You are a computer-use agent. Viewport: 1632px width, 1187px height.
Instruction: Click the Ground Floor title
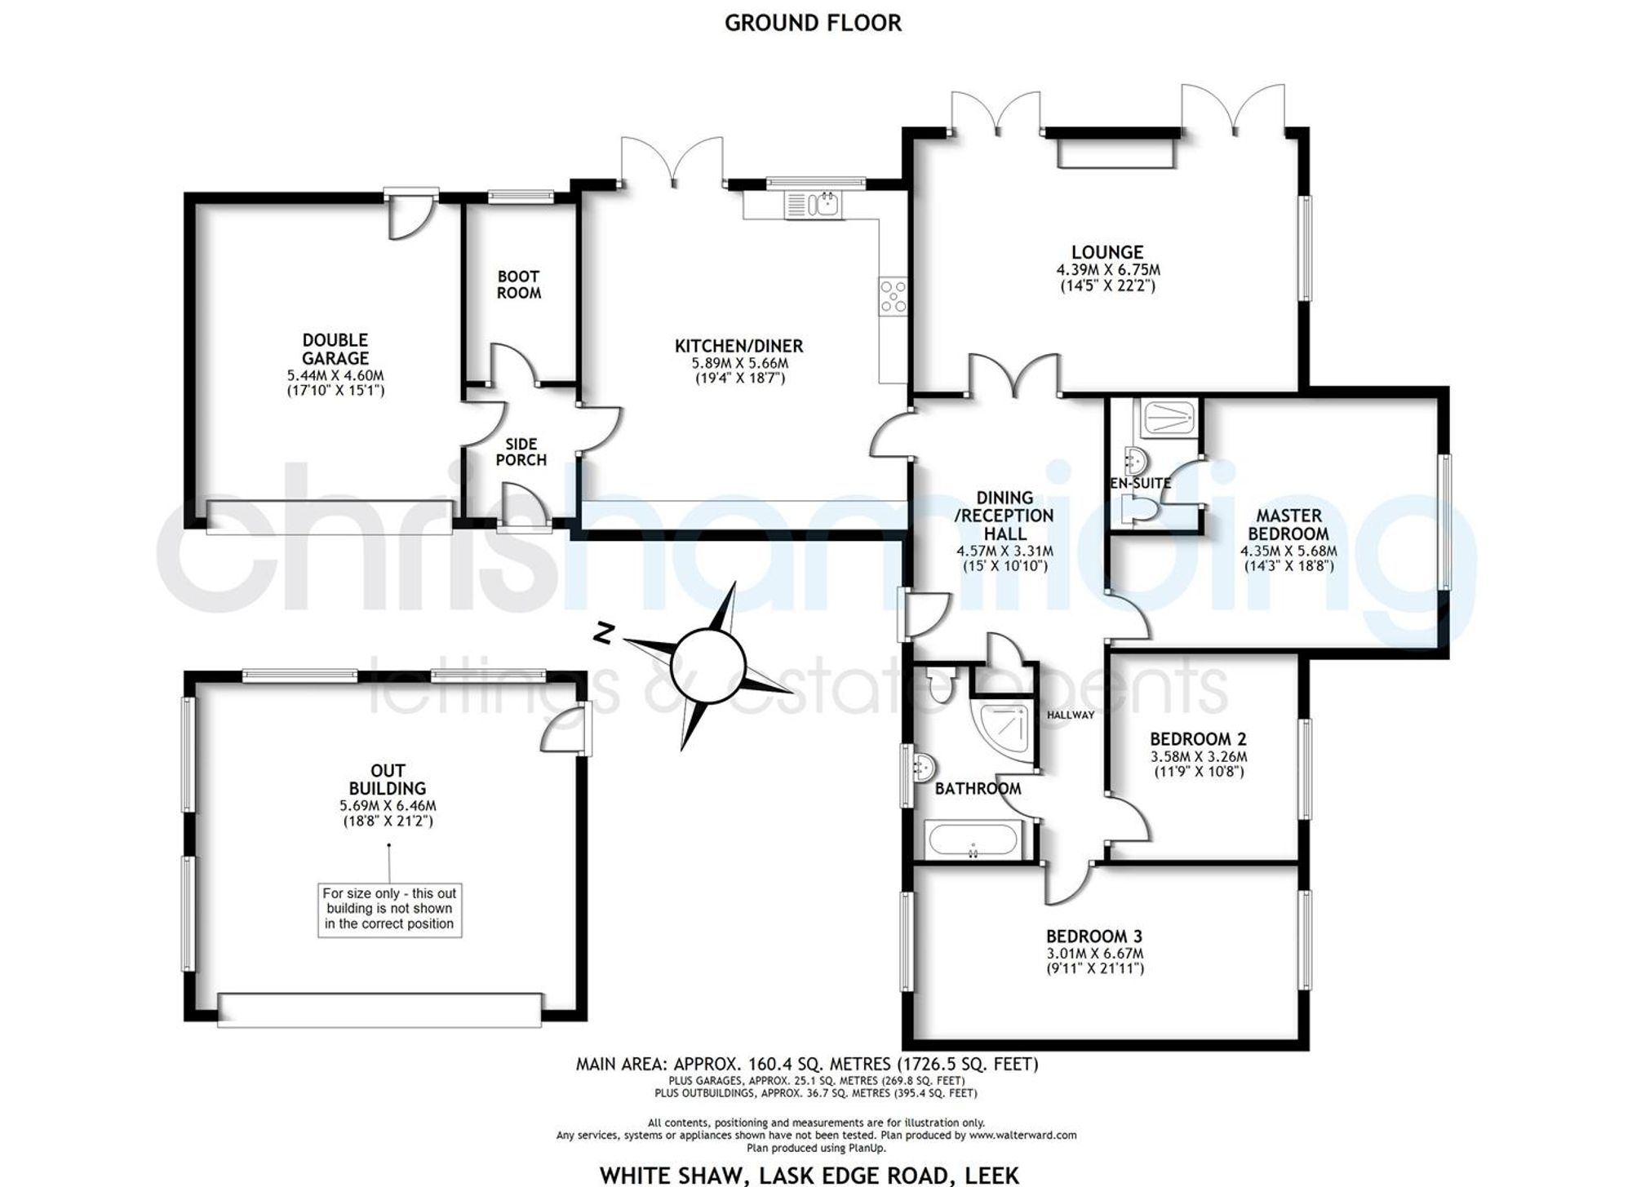814,23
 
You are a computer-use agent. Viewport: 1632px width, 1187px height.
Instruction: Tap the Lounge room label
1107,252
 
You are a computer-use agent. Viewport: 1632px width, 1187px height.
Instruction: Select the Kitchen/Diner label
739,346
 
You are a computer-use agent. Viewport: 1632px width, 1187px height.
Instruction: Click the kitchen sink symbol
814,205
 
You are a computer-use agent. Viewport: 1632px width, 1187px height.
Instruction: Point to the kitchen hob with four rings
893,297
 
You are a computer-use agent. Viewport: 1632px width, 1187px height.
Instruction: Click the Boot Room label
519,285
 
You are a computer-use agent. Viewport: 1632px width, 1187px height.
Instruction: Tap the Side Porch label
521,452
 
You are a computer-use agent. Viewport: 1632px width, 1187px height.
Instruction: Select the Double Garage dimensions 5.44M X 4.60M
335,375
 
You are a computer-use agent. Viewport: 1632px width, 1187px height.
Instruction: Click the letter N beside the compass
603,634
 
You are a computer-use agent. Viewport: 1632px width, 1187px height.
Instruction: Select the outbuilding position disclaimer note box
389,909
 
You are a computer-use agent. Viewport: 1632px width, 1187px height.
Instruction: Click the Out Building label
388,779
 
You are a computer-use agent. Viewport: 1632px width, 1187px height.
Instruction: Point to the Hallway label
1071,715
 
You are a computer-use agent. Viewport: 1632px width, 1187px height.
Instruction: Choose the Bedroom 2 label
1198,739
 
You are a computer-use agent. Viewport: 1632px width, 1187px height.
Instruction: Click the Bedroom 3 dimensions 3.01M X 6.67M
1095,954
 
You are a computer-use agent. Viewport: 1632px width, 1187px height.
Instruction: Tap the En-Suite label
1141,483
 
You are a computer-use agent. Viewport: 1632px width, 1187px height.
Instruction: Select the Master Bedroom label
1288,525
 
